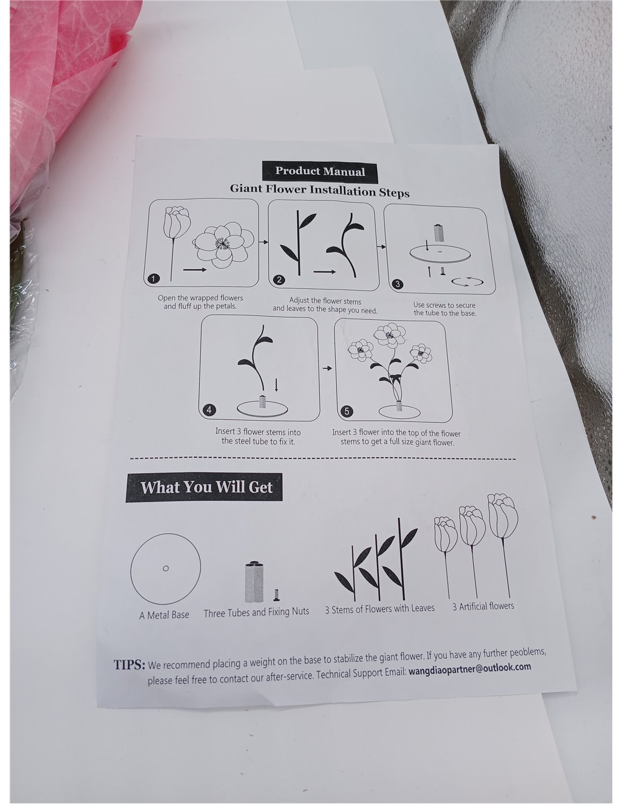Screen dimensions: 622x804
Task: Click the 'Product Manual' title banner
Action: point(319,171)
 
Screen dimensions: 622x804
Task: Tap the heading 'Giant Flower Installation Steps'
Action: point(319,191)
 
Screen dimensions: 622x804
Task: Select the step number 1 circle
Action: point(153,279)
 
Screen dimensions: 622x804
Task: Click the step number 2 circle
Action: point(279,280)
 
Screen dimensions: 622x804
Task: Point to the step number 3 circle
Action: point(398,284)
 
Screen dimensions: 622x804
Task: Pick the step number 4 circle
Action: point(209,410)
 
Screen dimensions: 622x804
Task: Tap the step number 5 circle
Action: point(347,411)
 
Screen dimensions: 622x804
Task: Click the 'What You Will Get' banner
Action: point(204,487)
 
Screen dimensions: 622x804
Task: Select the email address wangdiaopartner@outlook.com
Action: point(469,669)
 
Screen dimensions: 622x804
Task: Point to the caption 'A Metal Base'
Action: point(164,615)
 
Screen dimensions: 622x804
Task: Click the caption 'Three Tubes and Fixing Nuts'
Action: point(256,612)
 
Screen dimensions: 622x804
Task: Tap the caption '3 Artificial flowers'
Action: point(483,607)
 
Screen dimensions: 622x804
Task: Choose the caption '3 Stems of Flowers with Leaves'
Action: point(379,609)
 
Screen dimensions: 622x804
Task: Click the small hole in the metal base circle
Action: point(166,568)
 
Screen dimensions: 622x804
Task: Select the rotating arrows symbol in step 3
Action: point(467,282)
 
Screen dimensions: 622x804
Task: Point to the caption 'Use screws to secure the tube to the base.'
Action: point(444,309)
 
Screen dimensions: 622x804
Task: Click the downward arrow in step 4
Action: point(276,385)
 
